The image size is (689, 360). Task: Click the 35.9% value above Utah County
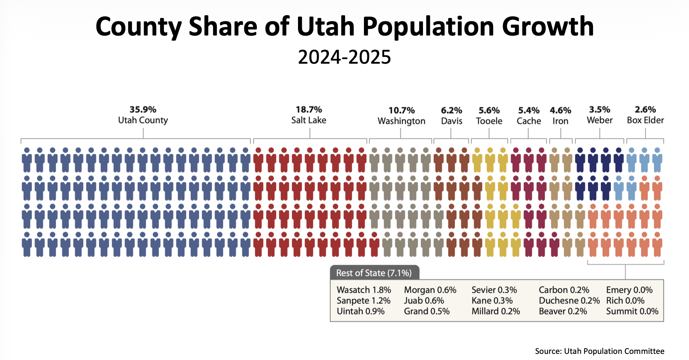[x=143, y=110]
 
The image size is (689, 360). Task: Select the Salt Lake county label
[x=309, y=121]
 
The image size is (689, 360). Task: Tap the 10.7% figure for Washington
[x=401, y=111]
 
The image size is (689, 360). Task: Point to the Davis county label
[x=452, y=121]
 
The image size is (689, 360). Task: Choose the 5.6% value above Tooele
[x=489, y=111]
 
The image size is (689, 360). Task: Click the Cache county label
[x=529, y=121]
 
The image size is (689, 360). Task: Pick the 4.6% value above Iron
[x=560, y=111]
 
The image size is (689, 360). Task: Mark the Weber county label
[x=599, y=121]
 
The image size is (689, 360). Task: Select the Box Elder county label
[x=645, y=121]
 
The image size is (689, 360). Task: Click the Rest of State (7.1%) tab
[x=374, y=273]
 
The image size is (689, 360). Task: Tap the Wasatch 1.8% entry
[x=364, y=290]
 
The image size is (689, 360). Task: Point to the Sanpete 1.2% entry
[x=363, y=301]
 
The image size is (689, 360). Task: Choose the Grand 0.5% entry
[x=426, y=312]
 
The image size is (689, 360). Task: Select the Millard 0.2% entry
[x=495, y=312]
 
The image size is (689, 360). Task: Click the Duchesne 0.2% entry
[x=569, y=301]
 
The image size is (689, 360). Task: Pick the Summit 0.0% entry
[x=632, y=312]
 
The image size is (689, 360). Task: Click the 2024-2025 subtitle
[x=344, y=57]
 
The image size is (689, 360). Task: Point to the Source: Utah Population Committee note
[x=599, y=351]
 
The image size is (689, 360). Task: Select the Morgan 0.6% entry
[x=430, y=290]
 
